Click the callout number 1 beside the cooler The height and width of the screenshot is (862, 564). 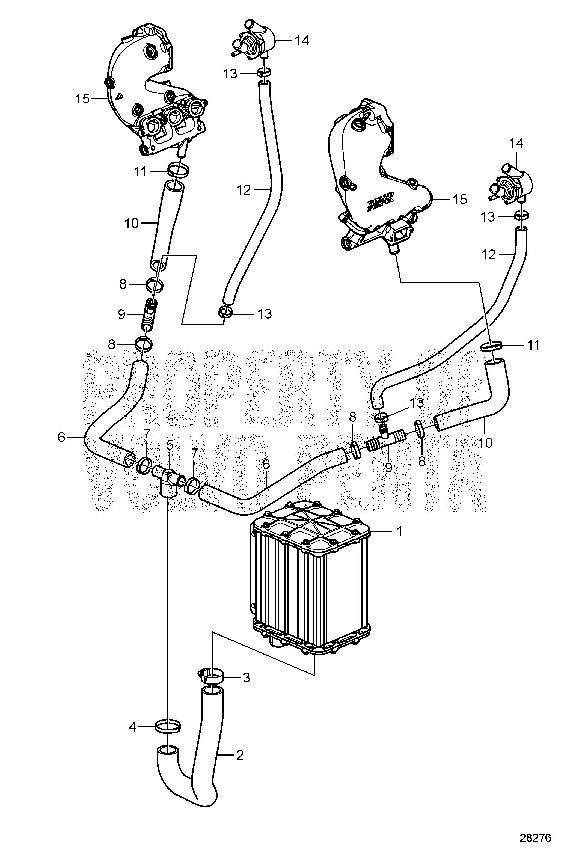399,531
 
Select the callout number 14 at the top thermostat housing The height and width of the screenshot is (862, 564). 301,41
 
